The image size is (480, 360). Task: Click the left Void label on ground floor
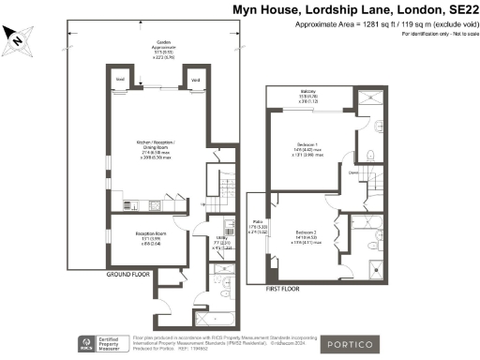click(120, 81)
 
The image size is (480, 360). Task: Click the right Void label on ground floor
click(195, 81)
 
